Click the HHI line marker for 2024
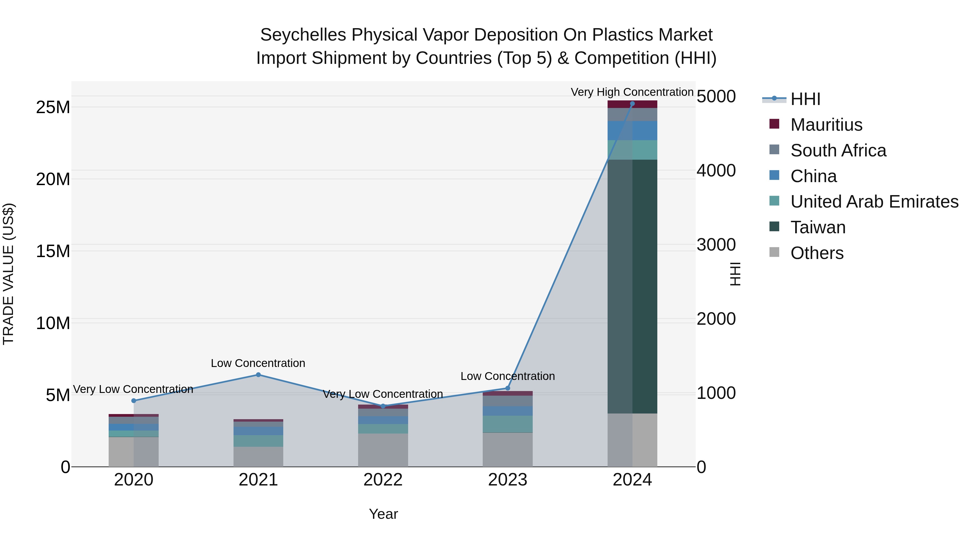(x=632, y=104)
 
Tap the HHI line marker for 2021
(x=258, y=375)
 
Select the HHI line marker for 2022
(x=383, y=406)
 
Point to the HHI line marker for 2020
(x=134, y=401)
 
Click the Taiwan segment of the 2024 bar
(x=632, y=286)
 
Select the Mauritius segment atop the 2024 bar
(x=632, y=104)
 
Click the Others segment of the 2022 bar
(x=383, y=450)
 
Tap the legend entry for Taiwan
(x=818, y=227)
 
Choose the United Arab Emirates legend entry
(x=874, y=202)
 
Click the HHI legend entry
(x=805, y=99)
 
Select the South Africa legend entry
(x=838, y=150)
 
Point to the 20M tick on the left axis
(x=53, y=179)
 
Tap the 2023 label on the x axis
(x=508, y=480)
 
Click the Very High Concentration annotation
(x=632, y=92)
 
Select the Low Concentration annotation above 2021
(x=258, y=363)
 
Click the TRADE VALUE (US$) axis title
(x=8, y=274)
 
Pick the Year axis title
(x=383, y=514)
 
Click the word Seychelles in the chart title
(x=303, y=35)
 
